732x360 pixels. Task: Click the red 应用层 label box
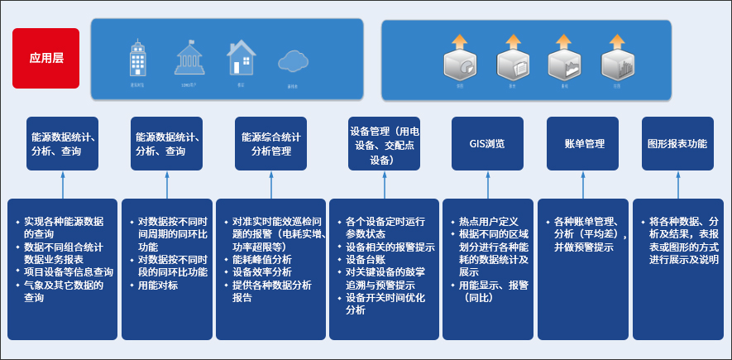[45, 58]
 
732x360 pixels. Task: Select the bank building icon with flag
[189, 58]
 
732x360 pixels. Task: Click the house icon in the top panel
[241, 56]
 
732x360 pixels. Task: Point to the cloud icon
[293, 60]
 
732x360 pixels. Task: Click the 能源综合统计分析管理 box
[271, 144]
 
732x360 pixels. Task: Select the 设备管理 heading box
[384, 144]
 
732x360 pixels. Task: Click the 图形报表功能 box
[678, 144]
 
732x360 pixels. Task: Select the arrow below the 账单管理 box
[584, 184]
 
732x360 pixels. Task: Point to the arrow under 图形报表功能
[678, 184]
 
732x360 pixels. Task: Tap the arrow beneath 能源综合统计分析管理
[270, 184]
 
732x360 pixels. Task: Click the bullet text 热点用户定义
[489, 222]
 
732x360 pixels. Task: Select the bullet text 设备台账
[368, 260]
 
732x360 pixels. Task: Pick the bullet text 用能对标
[158, 286]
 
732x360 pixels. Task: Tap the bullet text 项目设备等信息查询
[69, 271]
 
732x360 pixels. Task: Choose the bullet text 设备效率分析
[262, 271]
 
